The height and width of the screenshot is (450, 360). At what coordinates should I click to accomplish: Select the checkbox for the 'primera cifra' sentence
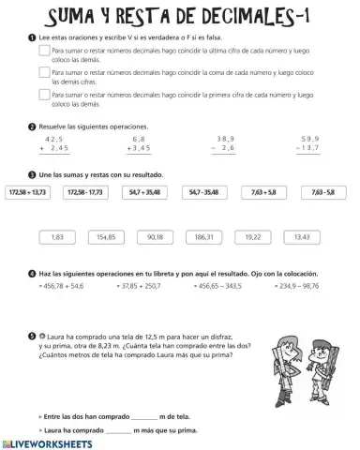click(x=45, y=95)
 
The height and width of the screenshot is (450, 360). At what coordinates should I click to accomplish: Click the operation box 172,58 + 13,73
click(x=32, y=192)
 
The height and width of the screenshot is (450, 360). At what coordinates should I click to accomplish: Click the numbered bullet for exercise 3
click(x=33, y=174)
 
